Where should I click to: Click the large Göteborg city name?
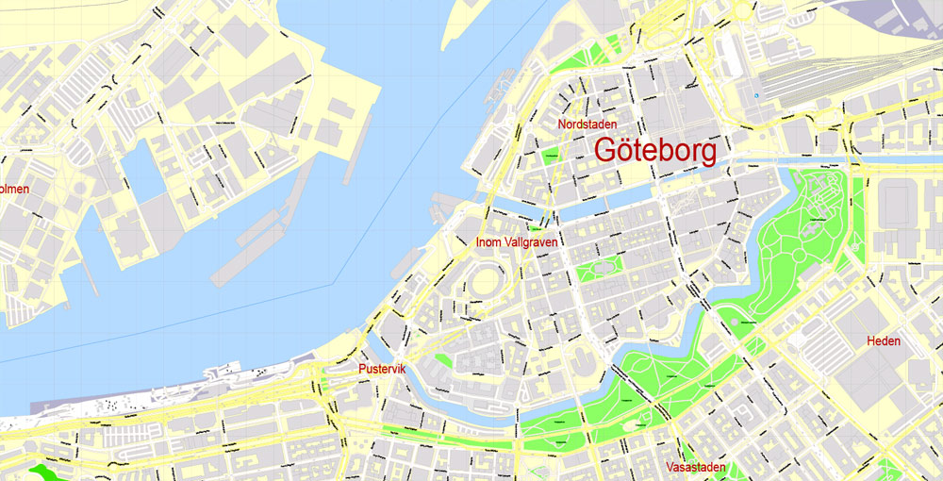click(x=655, y=150)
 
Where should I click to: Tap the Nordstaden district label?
click(x=587, y=124)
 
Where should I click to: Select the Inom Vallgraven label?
click(x=518, y=242)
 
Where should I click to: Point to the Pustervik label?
click(x=382, y=369)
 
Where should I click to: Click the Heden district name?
click(x=884, y=340)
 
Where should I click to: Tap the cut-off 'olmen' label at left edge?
click(x=14, y=189)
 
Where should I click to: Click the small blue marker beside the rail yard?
click(x=755, y=95)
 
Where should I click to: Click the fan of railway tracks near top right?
click(x=811, y=75)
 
